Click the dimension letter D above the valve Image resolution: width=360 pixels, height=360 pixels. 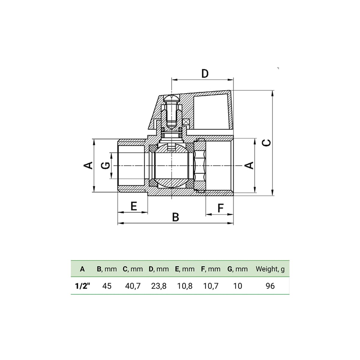205,73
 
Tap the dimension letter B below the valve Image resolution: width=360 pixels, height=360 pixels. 175,217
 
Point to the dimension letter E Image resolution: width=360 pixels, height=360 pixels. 134,206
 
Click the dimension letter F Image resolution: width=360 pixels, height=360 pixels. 220,208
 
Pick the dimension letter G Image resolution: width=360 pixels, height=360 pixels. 105,166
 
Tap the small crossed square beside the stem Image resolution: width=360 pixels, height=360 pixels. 186,123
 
